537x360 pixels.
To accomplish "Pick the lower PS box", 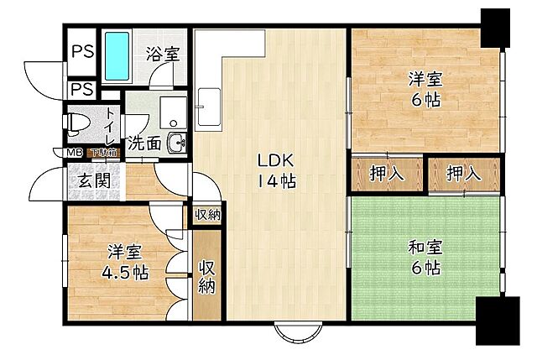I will click(x=81, y=88).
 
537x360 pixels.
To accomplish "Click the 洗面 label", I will click(x=144, y=143).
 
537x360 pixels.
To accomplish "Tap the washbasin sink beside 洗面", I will click(x=177, y=143).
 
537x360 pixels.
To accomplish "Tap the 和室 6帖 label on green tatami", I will click(x=425, y=258).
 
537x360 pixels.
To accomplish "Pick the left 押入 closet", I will click(x=387, y=175).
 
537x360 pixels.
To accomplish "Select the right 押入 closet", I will click(x=464, y=175).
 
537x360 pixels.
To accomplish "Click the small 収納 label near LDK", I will click(x=207, y=215).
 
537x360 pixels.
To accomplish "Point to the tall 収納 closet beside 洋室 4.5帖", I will click(x=206, y=276).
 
